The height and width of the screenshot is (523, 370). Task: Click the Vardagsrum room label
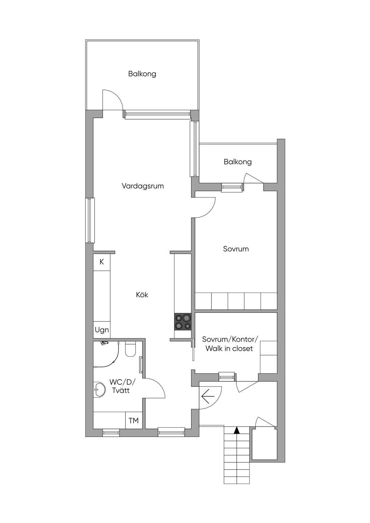tap(143, 186)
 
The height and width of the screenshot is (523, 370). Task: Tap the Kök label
tap(142, 295)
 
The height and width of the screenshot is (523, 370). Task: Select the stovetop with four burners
tap(183, 322)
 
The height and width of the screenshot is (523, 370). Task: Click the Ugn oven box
tap(102, 330)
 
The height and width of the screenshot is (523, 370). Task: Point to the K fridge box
tap(102, 262)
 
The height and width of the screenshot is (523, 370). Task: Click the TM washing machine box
tap(134, 420)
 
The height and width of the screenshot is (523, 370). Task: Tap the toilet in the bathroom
tap(130, 349)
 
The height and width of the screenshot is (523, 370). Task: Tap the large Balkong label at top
tap(142, 74)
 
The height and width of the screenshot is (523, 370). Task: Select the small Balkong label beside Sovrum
tap(237, 162)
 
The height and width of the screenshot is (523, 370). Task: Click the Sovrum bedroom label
tap(236, 249)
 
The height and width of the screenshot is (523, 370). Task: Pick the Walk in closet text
tap(229, 349)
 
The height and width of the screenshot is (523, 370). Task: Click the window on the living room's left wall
tap(90, 220)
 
